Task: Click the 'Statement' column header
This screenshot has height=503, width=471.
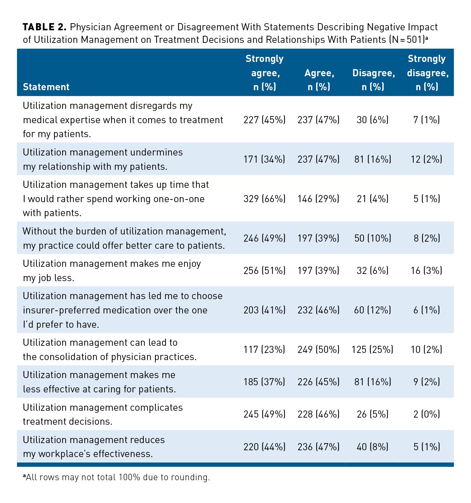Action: point(46,87)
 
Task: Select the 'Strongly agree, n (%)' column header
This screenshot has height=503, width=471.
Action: point(264,73)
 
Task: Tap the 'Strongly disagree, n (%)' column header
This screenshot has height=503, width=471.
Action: point(427,73)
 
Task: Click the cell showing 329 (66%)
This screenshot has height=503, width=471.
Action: point(264,199)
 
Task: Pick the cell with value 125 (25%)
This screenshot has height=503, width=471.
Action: point(372,350)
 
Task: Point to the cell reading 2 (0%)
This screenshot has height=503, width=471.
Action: point(427,414)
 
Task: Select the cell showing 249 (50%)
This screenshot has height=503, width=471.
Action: point(318,350)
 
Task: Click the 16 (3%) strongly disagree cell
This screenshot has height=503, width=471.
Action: point(427,271)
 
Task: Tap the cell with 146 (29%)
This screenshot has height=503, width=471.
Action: point(318,199)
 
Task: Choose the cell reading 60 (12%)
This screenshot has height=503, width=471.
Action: point(372,310)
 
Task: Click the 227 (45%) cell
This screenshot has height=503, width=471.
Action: point(264,120)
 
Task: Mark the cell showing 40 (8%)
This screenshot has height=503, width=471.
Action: point(372,447)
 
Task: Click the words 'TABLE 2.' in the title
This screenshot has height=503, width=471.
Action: point(44,27)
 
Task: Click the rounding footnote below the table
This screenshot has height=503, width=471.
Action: point(117,477)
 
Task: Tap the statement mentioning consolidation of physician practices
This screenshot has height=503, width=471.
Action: point(109,350)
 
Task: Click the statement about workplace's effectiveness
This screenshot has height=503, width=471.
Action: point(93,447)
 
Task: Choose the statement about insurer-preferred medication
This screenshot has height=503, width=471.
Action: point(122,310)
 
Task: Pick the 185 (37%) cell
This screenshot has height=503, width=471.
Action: point(264,382)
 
